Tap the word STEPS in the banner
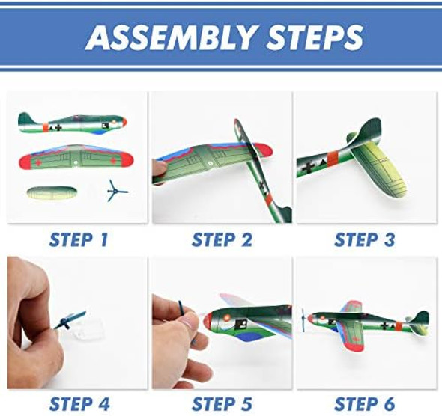coord(315,37)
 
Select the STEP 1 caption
coord(79,240)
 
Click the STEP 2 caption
coord(222,240)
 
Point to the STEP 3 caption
coord(365,240)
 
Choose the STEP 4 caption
coord(79,403)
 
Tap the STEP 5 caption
coord(222,403)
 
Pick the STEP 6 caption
coord(365,403)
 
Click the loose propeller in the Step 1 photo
coord(115,192)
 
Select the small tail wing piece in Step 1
coord(52,193)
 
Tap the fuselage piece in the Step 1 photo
coord(73,123)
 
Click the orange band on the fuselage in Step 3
coord(333,159)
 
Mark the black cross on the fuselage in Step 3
coord(308,167)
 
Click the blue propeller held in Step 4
coord(70,319)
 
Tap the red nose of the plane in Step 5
coord(208,320)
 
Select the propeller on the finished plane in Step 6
coord(303,320)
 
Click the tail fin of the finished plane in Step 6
coord(421,321)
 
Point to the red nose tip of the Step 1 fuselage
coord(124,123)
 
